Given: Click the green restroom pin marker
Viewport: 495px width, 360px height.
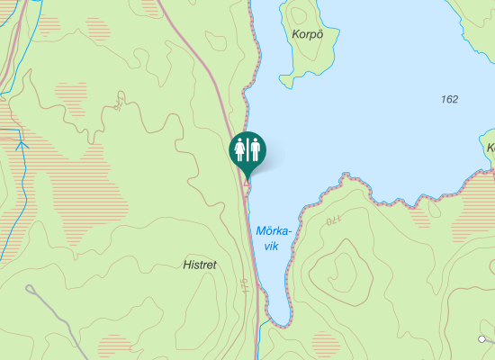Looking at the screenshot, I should [247, 150].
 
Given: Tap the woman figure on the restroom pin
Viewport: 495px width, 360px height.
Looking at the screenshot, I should [240, 148].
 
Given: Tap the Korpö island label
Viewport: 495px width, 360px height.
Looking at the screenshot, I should [307, 34].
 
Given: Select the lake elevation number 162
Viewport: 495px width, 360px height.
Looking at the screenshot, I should [450, 98].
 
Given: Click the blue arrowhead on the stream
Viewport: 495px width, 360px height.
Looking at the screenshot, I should [22, 143].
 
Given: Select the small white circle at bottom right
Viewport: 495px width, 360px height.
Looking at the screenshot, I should [482, 339].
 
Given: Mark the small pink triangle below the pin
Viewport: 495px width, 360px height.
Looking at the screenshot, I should [247, 183].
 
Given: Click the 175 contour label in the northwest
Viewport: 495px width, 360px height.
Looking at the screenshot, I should [119, 101].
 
